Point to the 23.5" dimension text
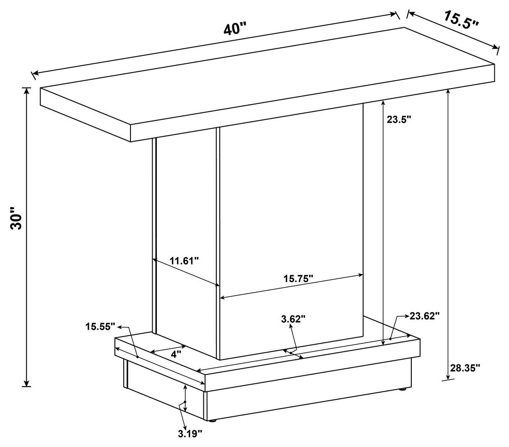click(x=399, y=120)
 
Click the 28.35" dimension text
click(x=465, y=368)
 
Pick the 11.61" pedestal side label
click(x=184, y=261)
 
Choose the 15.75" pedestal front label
click(x=299, y=278)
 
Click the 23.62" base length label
click(x=424, y=316)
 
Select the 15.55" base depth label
click(x=100, y=326)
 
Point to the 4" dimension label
click(x=176, y=354)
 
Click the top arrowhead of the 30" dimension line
click(x=27, y=90)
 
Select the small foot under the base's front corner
click(x=213, y=420)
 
